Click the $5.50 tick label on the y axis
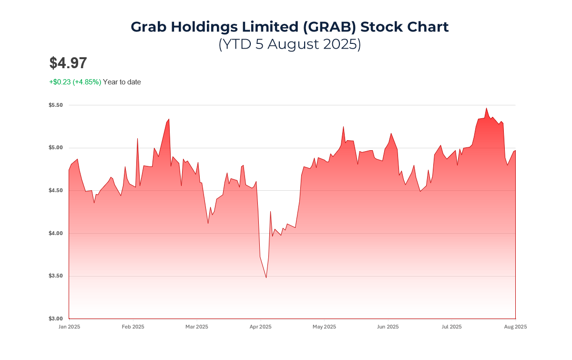(x=55, y=105)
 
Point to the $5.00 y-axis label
(x=55, y=148)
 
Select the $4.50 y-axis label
(x=55, y=191)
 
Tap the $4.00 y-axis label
(x=55, y=233)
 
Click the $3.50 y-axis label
(x=55, y=276)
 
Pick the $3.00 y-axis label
(x=55, y=319)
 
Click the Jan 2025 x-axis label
(x=69, y=327)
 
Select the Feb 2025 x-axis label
(x=133, y=327)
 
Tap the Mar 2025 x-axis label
(x=196, y=327)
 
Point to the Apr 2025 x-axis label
(x=260, y=327)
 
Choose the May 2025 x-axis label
(x=324, y=327)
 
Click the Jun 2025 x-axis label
(x=388, y=327)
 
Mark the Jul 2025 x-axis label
(x=451, y=327)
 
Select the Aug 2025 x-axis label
(x=515, y=327)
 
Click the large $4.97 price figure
(x=68, y=63)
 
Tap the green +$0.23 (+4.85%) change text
(x=75, y=82)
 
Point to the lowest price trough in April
(x=266, y=278)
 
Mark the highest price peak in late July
(x=487, y=108)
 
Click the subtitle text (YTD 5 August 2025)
(x=290, y=44)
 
